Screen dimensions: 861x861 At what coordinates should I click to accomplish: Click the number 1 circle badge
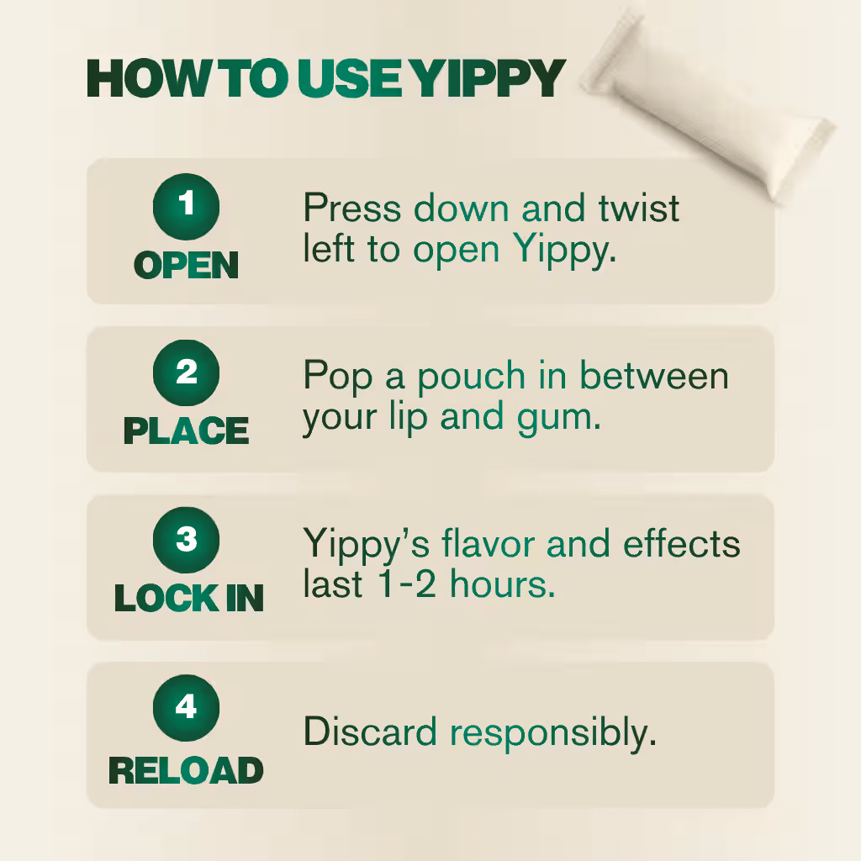pos(186,207)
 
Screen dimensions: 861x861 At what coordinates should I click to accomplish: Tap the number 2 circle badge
pos(186,372)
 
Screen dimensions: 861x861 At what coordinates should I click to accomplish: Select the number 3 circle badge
pos(186,540)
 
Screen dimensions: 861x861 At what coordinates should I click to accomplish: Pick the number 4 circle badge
pos(186,707)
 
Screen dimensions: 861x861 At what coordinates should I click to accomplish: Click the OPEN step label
pos(186,265)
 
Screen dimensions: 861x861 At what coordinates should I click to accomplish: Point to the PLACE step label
pos(186,430)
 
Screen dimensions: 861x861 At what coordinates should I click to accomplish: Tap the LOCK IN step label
pos(189,598)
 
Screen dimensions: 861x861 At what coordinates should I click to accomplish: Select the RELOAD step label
pos(186,770)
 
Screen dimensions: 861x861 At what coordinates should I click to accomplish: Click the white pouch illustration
pos(707,104)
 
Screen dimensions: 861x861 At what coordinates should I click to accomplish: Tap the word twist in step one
pos(639,209)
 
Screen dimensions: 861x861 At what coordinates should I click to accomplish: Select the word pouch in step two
pos(472,378)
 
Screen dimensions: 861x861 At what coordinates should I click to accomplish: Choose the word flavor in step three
pos(489,544)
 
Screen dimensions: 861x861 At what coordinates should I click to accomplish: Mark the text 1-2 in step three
pos(408,584)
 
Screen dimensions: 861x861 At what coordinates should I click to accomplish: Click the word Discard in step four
pos(370,732)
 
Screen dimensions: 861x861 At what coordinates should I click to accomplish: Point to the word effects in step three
pos(681,543)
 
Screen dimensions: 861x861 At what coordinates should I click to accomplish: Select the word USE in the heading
pos(351,78)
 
